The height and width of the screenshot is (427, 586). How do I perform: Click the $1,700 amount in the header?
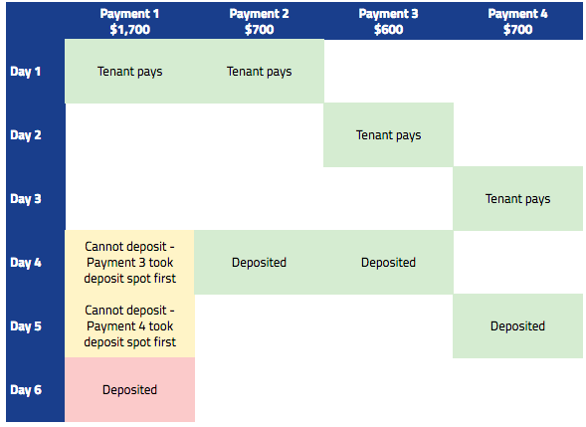tap(129, 29)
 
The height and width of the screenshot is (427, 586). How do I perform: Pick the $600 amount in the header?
tap(388, 29)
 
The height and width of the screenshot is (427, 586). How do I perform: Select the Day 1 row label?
tap(26, 71)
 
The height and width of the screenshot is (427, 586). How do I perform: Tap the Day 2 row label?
tap(26, 135)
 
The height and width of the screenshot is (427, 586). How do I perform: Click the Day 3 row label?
tap(26, 198)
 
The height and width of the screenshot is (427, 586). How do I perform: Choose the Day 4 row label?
tap(26, 262)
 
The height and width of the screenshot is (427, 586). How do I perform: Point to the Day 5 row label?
tap(26, 326)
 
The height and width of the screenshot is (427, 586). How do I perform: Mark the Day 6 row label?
tap(26, 389)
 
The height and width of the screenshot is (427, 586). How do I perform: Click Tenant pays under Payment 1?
tap(129, 71)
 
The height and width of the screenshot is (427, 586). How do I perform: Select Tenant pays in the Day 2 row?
tap(388, 135)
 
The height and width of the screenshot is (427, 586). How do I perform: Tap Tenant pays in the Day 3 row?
tap(517, 198)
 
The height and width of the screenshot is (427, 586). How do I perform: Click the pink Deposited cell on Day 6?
tap(129, 389)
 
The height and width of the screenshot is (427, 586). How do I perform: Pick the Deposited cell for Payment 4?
tap(517, 326)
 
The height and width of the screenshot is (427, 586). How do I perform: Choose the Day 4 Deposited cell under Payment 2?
tap(259, 262)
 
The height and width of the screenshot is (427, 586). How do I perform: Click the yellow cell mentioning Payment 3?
tap(129, 262)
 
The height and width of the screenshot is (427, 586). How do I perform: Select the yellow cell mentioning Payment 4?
tap(129, 326)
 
